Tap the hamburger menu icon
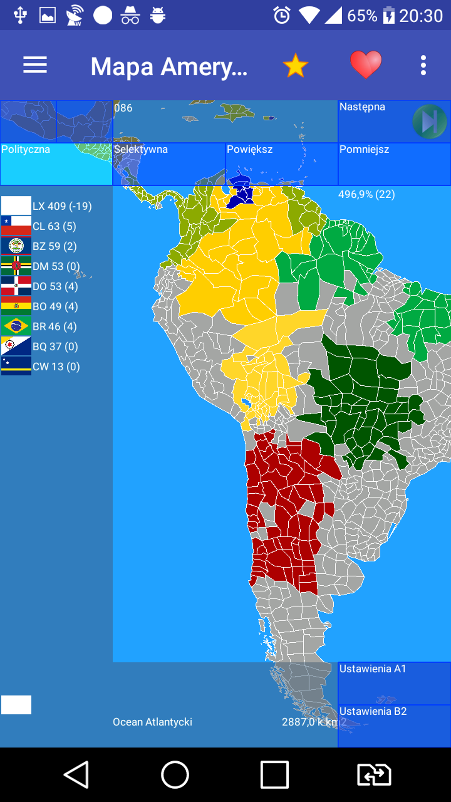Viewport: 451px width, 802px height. coord(35,65)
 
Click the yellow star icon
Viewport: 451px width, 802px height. coord(295,65)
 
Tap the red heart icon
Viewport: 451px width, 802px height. coord(366,65)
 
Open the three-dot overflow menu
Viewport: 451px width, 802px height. coord(423,65)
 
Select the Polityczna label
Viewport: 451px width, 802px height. coord(26,150)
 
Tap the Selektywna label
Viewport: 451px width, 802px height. coord(141,150)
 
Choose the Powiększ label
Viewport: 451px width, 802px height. coord(249,150)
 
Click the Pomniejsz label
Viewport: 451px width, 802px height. coord(364,150)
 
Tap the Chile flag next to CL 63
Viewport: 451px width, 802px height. coord(16,226)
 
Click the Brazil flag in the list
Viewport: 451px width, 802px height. coord(16,326)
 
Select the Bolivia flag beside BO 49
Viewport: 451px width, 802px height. coord(16,306)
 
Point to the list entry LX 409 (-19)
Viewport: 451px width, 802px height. coord(62,206)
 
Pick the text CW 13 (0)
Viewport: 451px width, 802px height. coord(56,367)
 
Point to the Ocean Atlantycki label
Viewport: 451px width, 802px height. coord(152,722)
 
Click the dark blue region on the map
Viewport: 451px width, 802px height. coord(241,193)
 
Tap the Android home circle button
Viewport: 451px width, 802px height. coord(175,775)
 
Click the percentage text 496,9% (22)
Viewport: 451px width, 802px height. coord(367,194)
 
